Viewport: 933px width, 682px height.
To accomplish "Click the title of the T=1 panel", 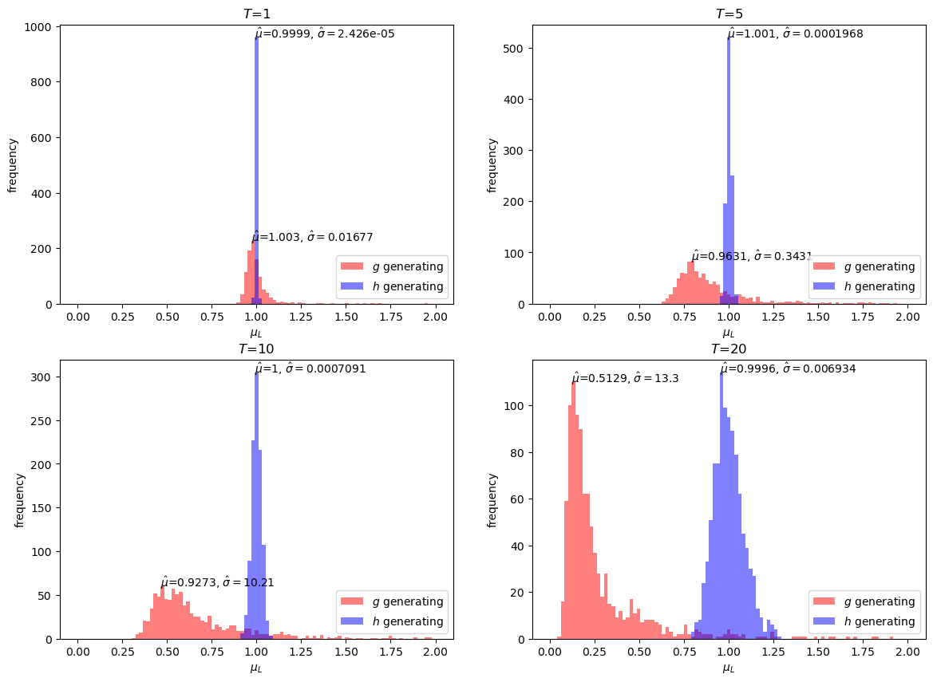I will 256,14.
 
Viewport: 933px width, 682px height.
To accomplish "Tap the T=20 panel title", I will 728,349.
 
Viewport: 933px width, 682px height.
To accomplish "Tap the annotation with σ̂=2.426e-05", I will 325,34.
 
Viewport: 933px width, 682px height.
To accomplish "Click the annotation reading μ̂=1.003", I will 312,238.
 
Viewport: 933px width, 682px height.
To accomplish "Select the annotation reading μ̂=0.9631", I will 751,256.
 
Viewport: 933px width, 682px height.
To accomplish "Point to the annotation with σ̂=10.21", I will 217,582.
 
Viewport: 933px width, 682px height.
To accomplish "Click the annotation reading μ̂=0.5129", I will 625,378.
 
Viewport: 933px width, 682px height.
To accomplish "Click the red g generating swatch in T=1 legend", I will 352,266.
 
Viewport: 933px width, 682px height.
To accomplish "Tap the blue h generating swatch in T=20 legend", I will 824,621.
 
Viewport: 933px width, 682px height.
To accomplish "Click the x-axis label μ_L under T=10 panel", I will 256,668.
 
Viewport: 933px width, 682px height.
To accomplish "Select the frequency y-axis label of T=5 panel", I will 492,165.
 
